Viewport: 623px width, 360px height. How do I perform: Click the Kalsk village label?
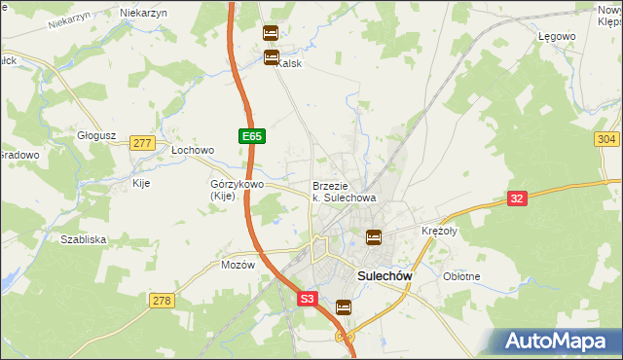290,64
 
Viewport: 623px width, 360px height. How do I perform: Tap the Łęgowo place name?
558,36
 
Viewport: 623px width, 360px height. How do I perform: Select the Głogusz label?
97,136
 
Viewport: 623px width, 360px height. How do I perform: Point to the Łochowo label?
192,151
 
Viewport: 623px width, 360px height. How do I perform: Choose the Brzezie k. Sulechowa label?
344,191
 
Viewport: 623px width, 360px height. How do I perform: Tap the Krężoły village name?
439,232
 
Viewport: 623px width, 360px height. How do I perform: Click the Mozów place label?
238,265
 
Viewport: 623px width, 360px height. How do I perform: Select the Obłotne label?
461,276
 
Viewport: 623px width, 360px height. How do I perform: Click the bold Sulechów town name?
385,276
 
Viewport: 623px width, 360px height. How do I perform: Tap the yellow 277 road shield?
143,143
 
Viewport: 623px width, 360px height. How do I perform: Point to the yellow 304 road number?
606,140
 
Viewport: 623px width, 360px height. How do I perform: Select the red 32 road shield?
518,198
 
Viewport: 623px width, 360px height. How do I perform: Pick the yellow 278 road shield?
162,301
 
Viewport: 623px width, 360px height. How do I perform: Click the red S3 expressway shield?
308,301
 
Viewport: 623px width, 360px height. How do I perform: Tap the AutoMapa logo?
558,342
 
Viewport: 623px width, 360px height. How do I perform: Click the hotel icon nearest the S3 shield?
343,307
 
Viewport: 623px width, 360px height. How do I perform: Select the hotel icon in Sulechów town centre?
373,236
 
